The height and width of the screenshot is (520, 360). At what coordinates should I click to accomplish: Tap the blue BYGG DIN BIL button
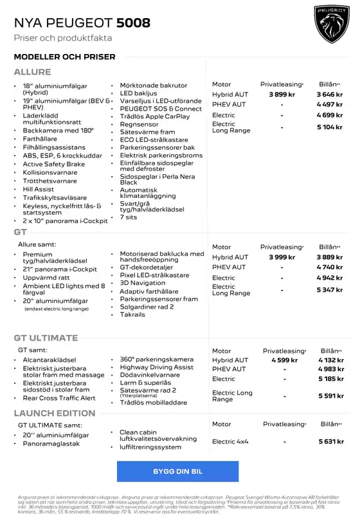pos(177,471)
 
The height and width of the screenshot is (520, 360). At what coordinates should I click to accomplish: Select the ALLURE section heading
pos(32,72)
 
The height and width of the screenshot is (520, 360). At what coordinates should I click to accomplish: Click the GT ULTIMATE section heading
pos(46,338)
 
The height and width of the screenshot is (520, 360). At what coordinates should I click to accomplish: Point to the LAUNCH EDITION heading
pos(54,413)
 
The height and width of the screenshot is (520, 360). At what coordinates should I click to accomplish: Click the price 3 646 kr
pos(329,94)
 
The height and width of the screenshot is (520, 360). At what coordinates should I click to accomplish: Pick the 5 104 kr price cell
pos(329,127)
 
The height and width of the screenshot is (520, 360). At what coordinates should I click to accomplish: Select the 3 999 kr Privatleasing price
pos(282,257)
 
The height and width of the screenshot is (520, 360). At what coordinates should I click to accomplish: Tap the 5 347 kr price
pos(329,290)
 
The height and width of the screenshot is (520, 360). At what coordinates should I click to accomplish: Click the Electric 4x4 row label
pos(230,442)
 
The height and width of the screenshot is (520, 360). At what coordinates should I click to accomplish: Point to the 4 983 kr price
pos(330,370)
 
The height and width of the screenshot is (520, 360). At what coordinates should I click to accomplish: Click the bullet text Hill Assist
pos(39,190)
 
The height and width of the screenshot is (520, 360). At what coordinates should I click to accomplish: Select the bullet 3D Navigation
pos(142,283)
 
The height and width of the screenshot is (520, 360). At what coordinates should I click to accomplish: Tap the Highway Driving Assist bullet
pos(156,367)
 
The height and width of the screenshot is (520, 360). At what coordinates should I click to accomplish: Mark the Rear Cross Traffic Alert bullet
pos(59,398)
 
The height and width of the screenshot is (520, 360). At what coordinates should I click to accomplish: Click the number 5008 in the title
pos(133,23)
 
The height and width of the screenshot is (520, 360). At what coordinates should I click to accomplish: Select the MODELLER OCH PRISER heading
pos(64,57)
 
